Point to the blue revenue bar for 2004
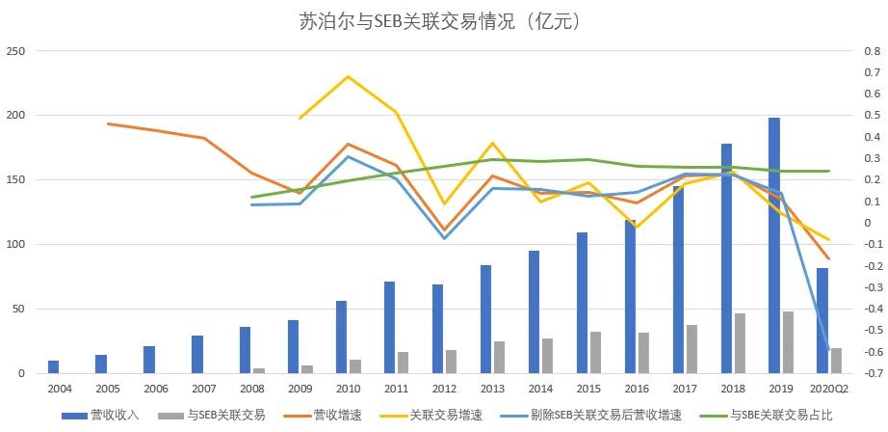click(x=53, y=367)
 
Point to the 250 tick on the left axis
click(x=17, y=51)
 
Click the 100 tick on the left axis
click(x=17, y=245)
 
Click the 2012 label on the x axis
click(x=444, y=388)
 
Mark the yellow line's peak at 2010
click(x=348, y=76)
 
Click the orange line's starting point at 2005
click(x=108, y=123)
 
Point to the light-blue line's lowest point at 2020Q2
click(x=828, y=351)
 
